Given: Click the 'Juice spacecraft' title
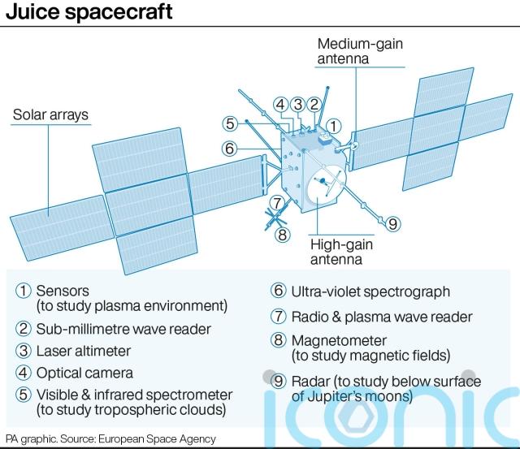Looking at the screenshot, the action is click(x=89, y=12).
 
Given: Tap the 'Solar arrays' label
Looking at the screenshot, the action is click(x=50, y=114).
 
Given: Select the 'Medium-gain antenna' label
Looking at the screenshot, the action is click(x=360, y=51).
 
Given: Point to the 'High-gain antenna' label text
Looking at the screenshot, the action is click(x=341, y=252).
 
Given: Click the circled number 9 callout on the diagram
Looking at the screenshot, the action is click(x=392, y=223).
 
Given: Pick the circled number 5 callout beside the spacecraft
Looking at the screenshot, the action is click(x=230, y=123).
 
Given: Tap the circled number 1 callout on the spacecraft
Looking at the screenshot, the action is click(x=334, y=126).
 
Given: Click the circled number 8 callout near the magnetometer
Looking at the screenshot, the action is click(x=282, y=235).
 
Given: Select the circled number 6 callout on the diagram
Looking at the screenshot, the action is click(x=229, y=148).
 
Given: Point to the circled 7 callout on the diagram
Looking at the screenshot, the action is click(x=277, y=202).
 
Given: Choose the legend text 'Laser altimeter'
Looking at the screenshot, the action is click(x=83, y=352).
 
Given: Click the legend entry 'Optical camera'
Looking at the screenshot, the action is click(x=84, y=373).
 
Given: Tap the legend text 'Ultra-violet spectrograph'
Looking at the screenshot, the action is click(x=370, y=292).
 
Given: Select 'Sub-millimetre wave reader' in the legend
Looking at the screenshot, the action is click(x=123, y=330).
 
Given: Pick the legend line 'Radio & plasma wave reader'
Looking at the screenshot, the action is click(x=382, y=317).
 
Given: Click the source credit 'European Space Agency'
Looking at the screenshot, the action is click(x=157, y=439).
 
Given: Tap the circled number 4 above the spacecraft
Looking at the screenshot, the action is click(x=281, y=105).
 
